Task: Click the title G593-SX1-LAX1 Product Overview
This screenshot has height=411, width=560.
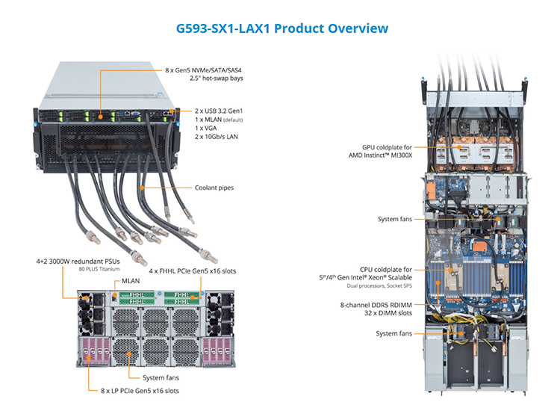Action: pyautogui.click(x=282, y=28)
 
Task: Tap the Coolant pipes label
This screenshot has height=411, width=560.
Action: pyautogui.click(x=214, y=188)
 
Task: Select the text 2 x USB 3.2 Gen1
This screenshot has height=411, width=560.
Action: pyautogui.click(x=219, y=111)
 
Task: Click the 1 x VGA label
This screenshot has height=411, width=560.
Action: pyautogui.click(x=206, y=128)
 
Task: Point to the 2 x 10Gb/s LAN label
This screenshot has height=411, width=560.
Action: pyautogui.click(x=217, y=137)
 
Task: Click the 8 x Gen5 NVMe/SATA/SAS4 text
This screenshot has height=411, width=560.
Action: pyautogui.click(x=203, y=70)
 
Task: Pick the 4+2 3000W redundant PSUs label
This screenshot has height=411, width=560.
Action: pyautogui.click(x=78, y=262)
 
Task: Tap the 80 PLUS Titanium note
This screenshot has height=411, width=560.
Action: pyautogui.click(x=99, y=269)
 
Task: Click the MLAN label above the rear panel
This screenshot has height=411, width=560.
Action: pyautogui.click(x=131, y=281)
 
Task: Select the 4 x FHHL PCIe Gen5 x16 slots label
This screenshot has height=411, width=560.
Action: pyautogui.click(x=193, y=271)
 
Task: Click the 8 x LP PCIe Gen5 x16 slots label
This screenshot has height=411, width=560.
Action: pyautogui.click(x=140, y=391)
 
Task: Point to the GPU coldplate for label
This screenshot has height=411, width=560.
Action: pyautogui.click(x=387, y=147)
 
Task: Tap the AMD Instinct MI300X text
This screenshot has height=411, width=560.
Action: pyautogui.click(x=380, y=155)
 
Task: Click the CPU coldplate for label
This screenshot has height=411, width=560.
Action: pyautogui.click(x=386, y=270)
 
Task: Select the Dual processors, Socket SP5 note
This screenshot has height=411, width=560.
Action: pyautogui.click(x=379, y=285)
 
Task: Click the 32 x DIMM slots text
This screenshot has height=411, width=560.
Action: pyautogui.click(x=388, y=313)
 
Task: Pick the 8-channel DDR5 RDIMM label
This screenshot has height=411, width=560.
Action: pyautogui.click(x=376, y=305)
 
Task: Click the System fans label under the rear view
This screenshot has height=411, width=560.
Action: pyautogui.click(x=161, y=378)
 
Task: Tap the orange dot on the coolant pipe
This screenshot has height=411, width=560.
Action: pyautogui.click(x=142, y=188)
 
